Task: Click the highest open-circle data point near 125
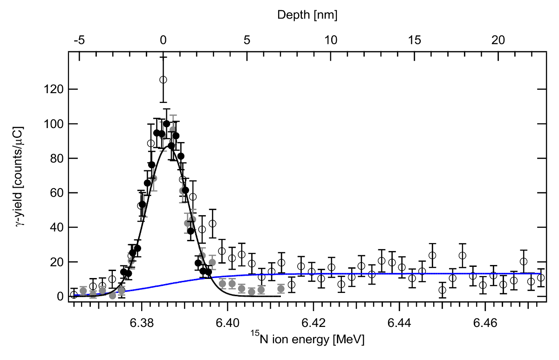click(x=163, y=80)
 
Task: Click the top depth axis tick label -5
click(x=79, y=40)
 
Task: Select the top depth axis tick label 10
click(x=331, y=40)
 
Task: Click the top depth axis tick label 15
click(x=415, y=40)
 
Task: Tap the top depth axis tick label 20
click(x=498, y=40)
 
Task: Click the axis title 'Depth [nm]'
click(x=307, y=15)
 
